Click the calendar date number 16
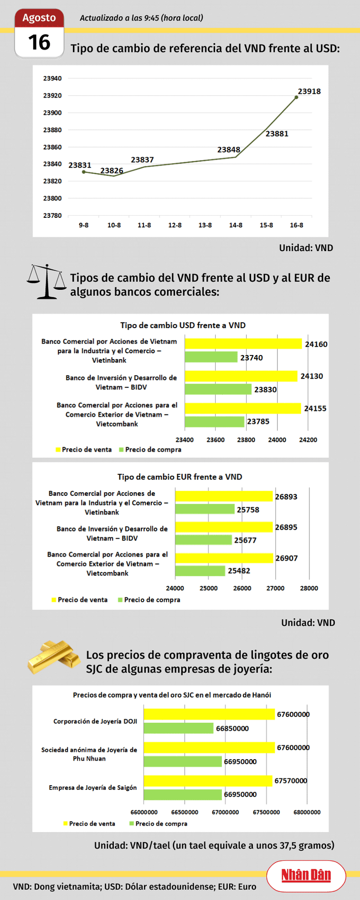tap(39, 43)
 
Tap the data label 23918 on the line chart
tap(309, 92)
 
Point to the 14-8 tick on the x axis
tap(236, 225)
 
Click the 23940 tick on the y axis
tap(52, 78)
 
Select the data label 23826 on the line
tap(112, 170)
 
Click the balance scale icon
tap(46, 281)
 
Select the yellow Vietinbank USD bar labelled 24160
tap(243, 344)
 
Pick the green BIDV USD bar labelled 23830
tap(218, 389)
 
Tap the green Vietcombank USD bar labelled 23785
tap(214, 422)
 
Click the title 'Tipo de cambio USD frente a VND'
tap(183, 325)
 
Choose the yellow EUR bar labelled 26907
tap(224, 558)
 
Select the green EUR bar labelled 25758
tap(205, 509)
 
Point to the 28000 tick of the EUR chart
tap(309, 588)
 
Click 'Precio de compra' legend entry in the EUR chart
tap(152, 600)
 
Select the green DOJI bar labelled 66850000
tap(178, 728)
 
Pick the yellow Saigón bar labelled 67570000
tap(208, 781)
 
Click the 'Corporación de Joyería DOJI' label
tap(95, 721)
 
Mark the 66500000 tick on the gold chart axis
tap(185, 812)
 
